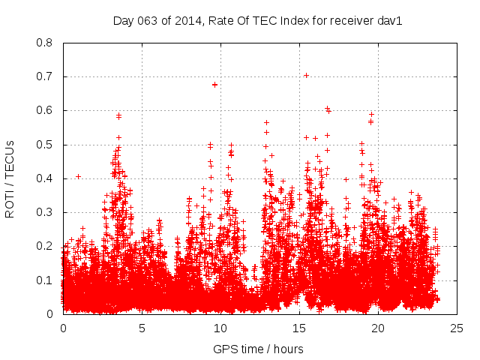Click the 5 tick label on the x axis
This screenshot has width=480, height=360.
(x=142, y=328)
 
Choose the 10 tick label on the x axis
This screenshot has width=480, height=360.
(x=220, y=328)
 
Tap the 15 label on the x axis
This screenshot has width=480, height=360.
(x=299, y=328)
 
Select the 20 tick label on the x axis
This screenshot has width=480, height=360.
(x=378, y=328)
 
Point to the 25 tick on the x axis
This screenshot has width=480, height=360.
(x=457, y=328)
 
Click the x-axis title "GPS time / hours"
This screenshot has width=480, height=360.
(x=259, y=349)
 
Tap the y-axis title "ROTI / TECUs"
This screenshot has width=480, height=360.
(x=10, y=178)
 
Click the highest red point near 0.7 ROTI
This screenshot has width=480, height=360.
(x=306, y=75)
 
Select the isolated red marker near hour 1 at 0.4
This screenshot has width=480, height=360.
(x=78, y=177)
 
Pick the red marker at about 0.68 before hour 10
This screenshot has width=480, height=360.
(x=215, y=85)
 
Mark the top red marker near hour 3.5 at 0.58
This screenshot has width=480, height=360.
(x=118, y=115)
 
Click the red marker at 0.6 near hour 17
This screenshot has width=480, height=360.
(x=327, y=109)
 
